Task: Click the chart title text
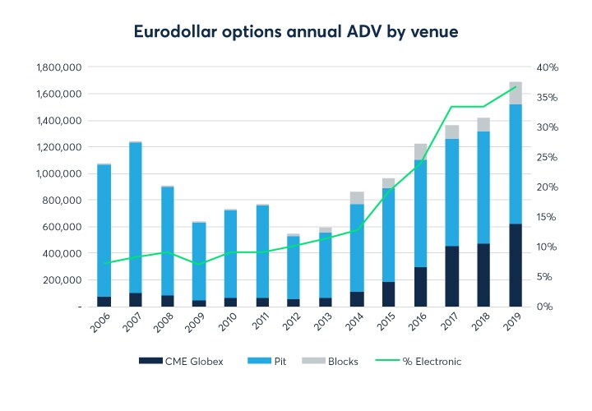click(x=296, y=31)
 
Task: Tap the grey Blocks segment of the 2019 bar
click(x=516, y=93)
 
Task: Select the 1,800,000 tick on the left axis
click(x=58, y=67)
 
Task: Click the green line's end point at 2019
click(x=516, y=86)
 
